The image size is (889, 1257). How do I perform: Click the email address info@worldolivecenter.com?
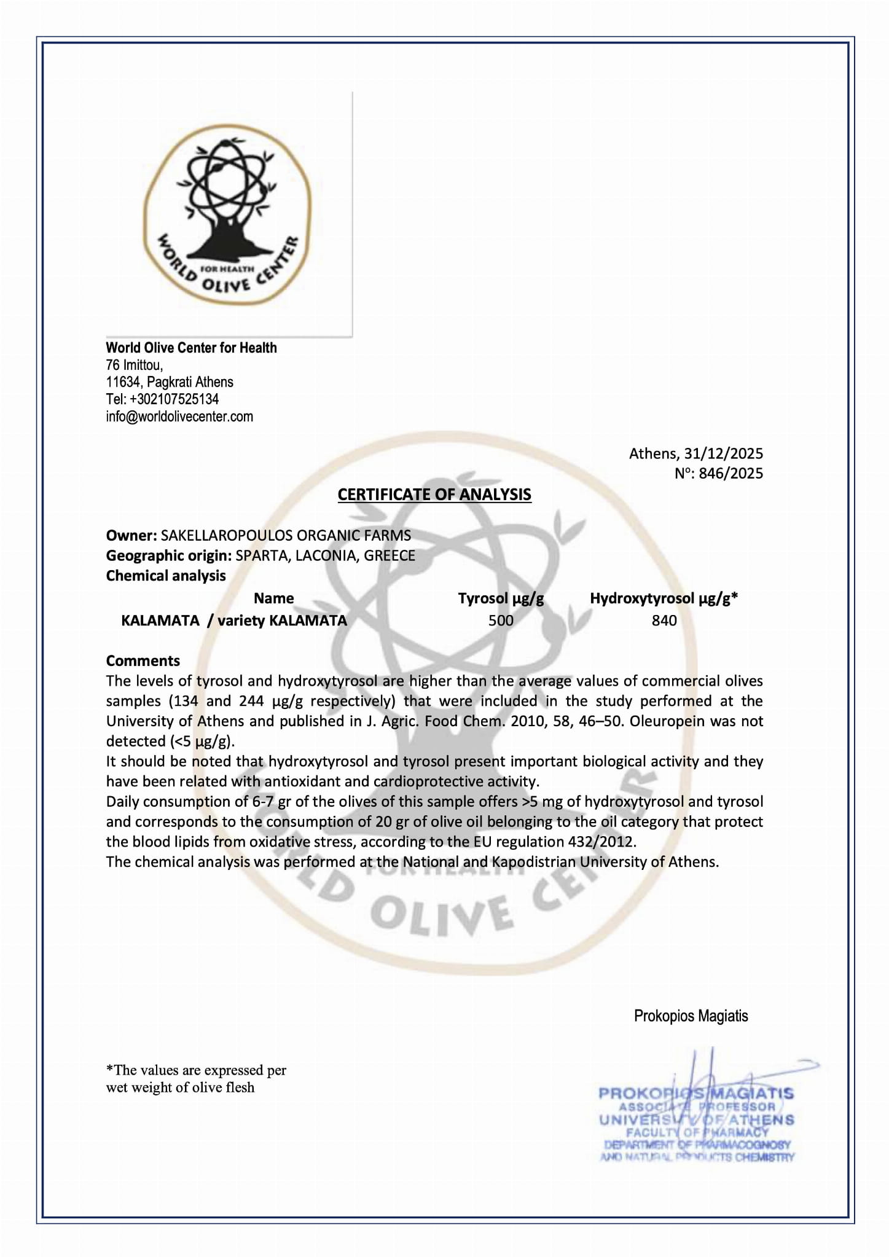179,417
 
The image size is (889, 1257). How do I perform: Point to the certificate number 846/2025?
730,473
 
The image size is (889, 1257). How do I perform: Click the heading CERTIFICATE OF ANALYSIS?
434,495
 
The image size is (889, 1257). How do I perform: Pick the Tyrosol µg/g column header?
501,598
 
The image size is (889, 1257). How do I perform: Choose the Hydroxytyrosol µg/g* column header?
664,598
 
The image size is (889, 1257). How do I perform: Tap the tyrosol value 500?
501,621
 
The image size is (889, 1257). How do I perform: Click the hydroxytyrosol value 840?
664,621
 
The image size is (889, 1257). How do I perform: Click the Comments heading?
143,660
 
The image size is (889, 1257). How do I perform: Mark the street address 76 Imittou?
134,365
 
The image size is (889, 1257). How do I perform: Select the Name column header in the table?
274,598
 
